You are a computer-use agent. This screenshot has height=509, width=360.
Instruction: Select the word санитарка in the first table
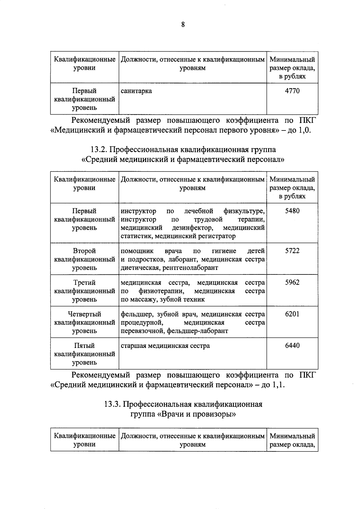pos(136,91)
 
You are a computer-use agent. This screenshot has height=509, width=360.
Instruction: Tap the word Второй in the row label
pos(84,251)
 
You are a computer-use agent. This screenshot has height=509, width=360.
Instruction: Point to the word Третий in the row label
pos(84,283)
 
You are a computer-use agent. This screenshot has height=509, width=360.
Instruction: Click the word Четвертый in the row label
pos(84,314)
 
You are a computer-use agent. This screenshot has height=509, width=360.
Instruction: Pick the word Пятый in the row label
pos(84,346)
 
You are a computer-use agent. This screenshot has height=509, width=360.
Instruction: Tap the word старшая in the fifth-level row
pos(133,346)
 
